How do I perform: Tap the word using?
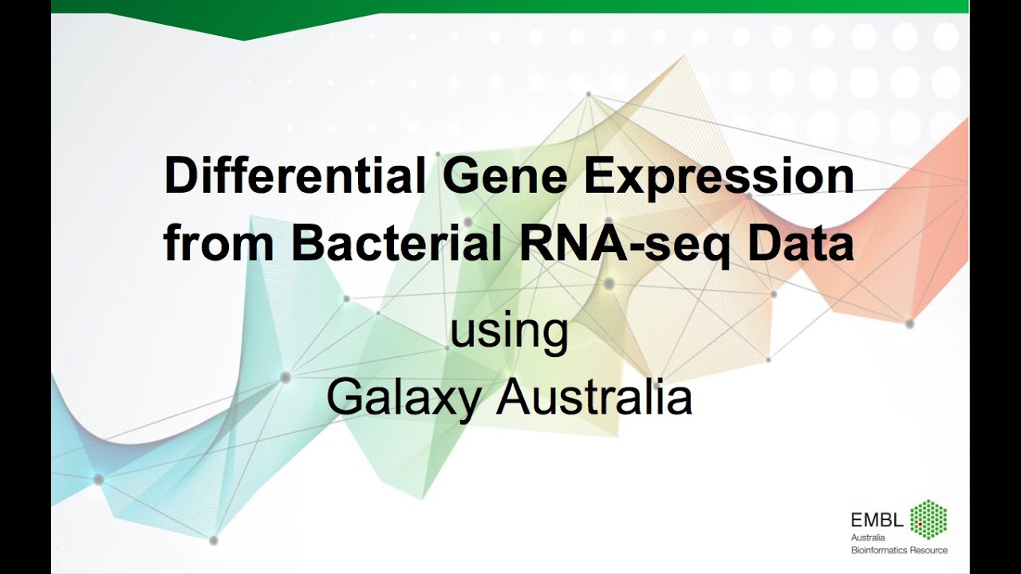[509, 332]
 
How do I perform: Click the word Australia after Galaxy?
[593, 396]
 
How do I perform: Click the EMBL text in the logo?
[877, 521]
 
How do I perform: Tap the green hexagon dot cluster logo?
[928, 520]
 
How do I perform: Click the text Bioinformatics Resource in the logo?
[899, 550]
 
